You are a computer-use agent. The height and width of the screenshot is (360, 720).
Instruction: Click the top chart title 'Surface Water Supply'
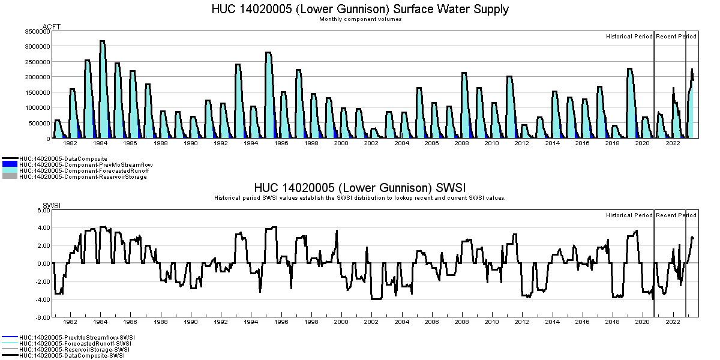tap(360, 9)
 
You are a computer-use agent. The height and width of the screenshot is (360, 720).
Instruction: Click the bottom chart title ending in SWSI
tap(360, 188)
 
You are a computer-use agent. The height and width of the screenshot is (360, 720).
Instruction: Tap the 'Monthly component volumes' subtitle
tap(360, 19)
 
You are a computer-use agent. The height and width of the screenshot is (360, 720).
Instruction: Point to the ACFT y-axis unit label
tap(52, 27)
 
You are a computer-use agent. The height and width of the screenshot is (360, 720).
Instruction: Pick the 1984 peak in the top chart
tap(102, 42)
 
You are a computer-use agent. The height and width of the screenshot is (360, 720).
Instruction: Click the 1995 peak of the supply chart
tap(268, 53)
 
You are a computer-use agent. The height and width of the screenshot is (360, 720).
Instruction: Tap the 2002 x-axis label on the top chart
tap(371, 143)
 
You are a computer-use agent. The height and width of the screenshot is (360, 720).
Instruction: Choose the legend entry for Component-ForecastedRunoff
tap(83, 171)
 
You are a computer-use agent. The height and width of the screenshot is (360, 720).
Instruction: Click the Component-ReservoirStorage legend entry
tap(83, 177)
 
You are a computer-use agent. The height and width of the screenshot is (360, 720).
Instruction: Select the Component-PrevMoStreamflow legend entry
tap(85, 164)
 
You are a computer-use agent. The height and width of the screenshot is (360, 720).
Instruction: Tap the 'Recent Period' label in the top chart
tap(676, 37)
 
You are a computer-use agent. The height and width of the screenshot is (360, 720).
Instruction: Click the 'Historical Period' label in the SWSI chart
tap(629, 215)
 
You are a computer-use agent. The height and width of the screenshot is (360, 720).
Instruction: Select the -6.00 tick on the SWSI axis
tap(41, 317)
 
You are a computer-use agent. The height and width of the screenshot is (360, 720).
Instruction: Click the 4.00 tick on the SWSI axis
tap(43, 227)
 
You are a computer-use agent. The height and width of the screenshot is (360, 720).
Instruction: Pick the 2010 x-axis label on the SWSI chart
tap(491, 322)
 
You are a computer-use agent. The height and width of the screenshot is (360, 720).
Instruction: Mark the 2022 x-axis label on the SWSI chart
tap(673, 322)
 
